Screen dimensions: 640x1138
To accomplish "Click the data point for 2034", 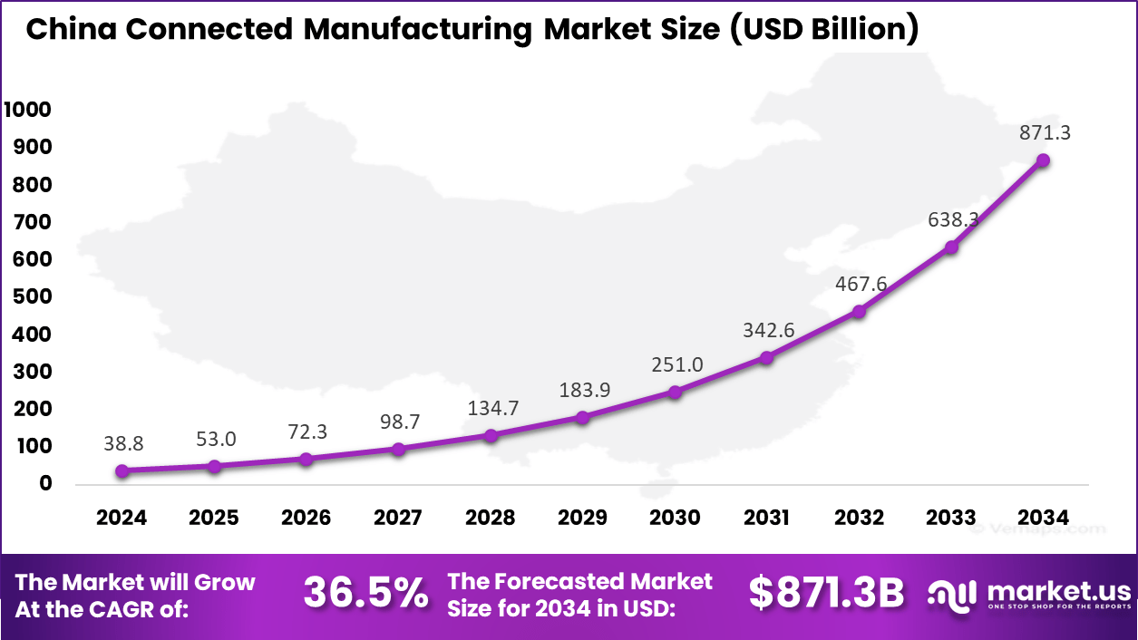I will pos(1043,160).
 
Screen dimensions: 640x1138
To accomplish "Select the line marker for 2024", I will pos(122,470).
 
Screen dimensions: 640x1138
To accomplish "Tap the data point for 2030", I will pos(675,393).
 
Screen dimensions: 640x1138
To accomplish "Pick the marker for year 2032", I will pos(859,312).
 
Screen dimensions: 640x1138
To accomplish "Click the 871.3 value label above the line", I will pos(1043,132).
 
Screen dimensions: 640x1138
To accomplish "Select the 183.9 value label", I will pos(582,390).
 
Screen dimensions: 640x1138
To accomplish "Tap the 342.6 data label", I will pos(767,330).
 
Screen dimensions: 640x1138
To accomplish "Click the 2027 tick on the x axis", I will pos(398,518).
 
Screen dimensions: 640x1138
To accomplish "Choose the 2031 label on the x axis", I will pos(767,518).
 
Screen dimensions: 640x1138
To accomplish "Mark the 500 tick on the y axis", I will pos(33,297).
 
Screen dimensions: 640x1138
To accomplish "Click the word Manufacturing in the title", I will pos(418,29).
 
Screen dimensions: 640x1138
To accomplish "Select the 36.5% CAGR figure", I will pos(366,594).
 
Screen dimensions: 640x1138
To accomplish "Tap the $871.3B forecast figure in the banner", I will pos(827,594).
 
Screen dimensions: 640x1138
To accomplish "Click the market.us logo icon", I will pos(950,595).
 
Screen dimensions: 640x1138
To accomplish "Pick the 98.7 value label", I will pos(398,422).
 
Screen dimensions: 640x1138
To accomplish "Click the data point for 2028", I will pos(491,436).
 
